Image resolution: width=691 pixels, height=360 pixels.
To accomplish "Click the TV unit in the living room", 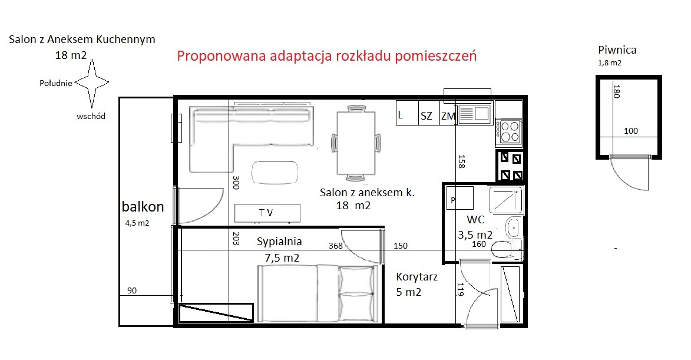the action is click(x=267, y=213).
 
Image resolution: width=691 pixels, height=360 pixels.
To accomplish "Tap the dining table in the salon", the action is click(x=356, y=143).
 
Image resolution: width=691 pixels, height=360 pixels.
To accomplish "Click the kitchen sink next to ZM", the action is click(x=475, y=114).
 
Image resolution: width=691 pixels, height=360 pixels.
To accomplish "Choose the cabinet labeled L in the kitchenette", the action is click(x=406, y=113).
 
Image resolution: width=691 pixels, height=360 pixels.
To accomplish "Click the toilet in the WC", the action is click(x=507, y=250).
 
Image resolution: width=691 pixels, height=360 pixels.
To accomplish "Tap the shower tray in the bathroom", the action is click(x=505, y=200).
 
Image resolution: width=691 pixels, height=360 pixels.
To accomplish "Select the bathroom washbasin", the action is click(x=514, y=227).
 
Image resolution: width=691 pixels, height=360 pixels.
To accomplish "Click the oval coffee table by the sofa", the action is click(x=275, y=172).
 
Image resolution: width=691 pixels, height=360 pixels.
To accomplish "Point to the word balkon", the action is click(x=143, y=206).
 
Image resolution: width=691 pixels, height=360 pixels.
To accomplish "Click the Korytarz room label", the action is click(x=417, y=277).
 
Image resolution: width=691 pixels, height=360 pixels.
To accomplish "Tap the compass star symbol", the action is click(x=92, y=83).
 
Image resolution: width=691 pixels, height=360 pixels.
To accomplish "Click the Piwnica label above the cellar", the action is click(x=617, y=50).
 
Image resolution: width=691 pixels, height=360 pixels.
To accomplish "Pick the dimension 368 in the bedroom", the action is click(x=335, y=246).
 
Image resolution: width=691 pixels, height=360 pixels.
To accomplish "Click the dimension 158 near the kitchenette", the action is click(x=461, y=161).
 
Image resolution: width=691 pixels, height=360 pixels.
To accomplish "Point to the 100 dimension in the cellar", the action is click(x=631, y=131).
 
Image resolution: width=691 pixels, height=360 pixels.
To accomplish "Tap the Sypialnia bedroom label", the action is click(x=279, y=242).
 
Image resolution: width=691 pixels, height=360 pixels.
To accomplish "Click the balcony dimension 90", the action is click(x=132, y=290).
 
